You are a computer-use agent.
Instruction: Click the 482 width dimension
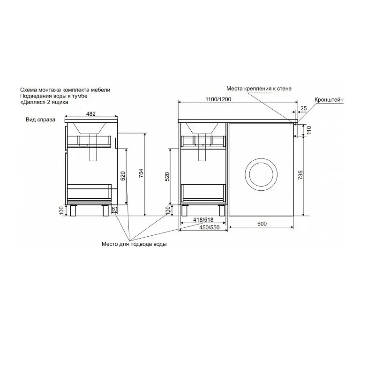(x=91, y=114)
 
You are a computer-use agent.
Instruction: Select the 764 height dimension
(x=141, y=173)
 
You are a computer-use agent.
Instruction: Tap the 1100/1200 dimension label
(x=218, y=99)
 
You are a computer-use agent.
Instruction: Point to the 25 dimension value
(x=303, y=108)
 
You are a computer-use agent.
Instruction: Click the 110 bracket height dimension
(x=309, y=130)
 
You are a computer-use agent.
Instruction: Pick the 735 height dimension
(x=300, y=175)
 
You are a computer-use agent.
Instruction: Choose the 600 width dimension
(x=262, y=224)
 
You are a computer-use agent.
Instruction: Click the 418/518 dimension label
(x=203, y=219)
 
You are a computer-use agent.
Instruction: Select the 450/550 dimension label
(x=210, y=227)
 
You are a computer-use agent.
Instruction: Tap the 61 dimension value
(x=115, y=209)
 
